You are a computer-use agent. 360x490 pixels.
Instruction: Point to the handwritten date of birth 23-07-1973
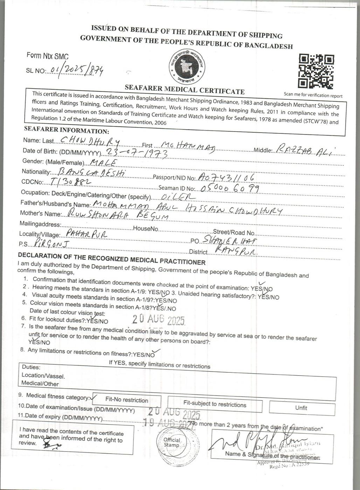click(136, 153)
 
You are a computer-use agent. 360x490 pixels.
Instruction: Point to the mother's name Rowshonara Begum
click(118, 215)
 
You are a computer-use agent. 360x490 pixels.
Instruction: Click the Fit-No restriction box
click(126, 400)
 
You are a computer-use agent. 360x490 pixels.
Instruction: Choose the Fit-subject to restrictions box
click(215, 405)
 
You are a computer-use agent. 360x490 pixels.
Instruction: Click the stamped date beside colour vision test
click(158, 319)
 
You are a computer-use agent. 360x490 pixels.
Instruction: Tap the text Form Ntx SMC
click(48, 56)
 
